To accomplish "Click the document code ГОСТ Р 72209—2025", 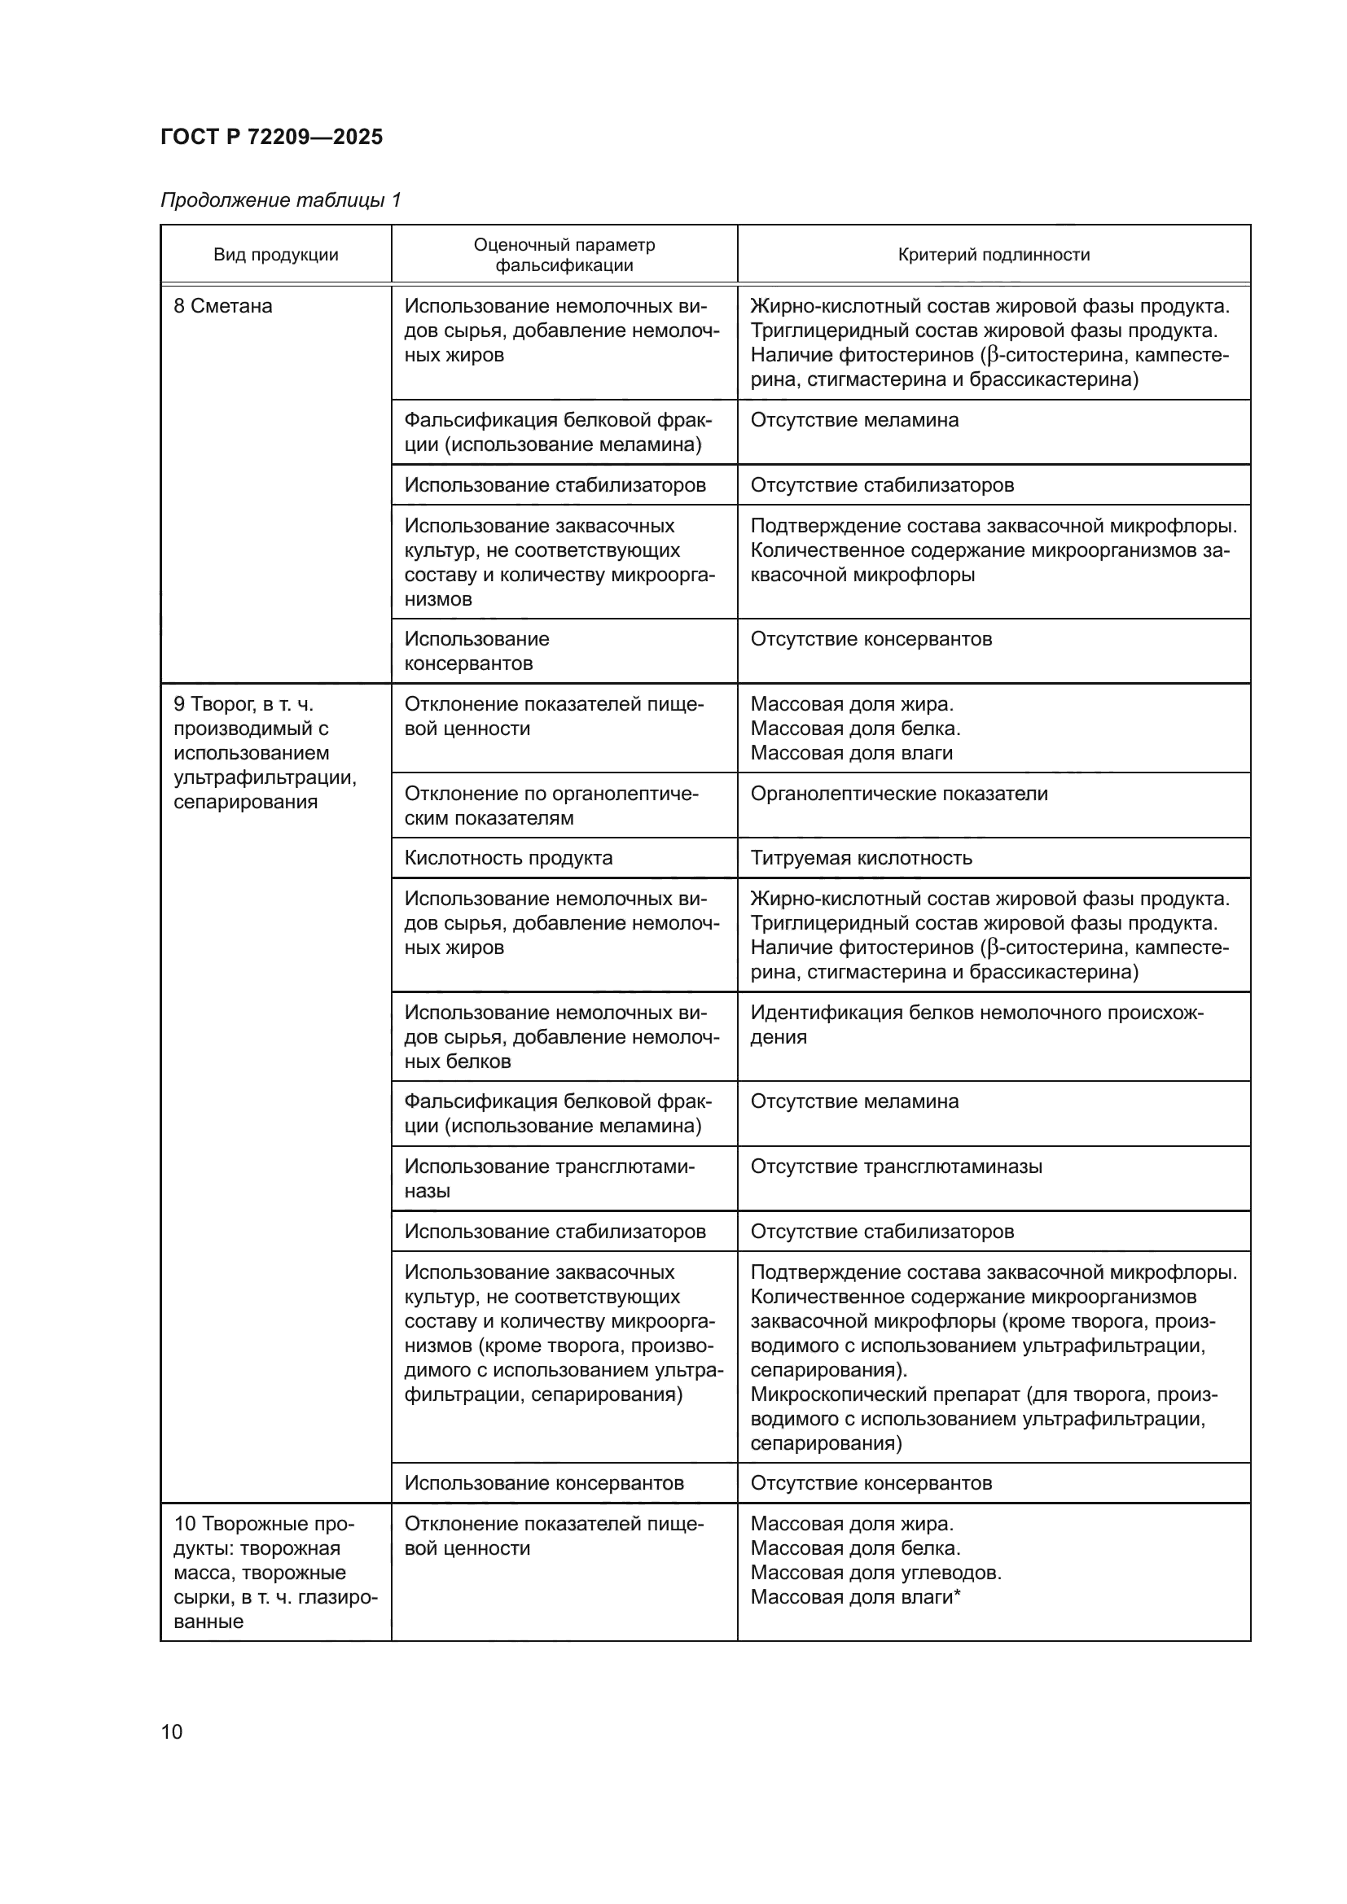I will click(x=271, y=137).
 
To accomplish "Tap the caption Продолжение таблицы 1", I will click(x=280, y=200).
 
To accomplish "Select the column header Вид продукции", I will click(x=275, y=255).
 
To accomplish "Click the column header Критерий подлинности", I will click(x=993, y=255).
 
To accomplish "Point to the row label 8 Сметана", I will click(x=222, y=306).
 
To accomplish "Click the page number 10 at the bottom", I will click(x=172, y=1731).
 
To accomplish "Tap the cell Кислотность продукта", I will click(x=507, y=857).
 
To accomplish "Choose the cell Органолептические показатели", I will click(x=898, y=794).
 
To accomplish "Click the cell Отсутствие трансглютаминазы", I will click(x=896, y=1166).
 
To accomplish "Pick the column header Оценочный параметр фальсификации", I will click(x=564, y=255).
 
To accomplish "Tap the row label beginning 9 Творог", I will click(x=264, y=752).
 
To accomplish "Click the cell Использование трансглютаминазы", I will click(x=549, y=1178).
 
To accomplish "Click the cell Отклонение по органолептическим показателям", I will click(x=551, y=805).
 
